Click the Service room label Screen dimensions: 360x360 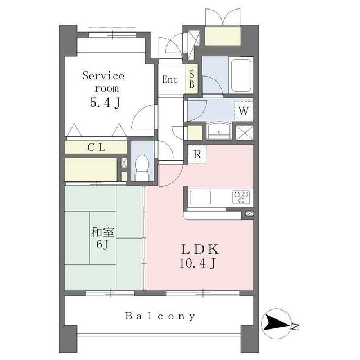(x=103, y=82)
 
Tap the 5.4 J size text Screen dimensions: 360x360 (x=105, y=102)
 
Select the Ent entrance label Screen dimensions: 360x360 (x=170, y=79)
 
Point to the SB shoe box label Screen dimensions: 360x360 (x=192, y=79)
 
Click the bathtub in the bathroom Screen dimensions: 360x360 (x=241, y=75)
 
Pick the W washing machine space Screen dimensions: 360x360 (x=244, y=111)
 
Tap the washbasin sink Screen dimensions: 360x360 (x=219, y=131)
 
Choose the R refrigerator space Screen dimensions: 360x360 (x=197, y=154)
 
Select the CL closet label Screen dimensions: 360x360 (x=96, y=147)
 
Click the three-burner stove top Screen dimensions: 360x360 (x=241, y=197)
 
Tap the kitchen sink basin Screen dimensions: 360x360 (x=200, y=197)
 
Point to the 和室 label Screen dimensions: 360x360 (x=102, y=232)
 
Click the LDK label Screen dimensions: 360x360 (x=200, y=249)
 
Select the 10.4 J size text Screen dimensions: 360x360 (x=197, y=263)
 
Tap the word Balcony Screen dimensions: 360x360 (x=160, y=316)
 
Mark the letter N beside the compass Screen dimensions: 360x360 (x=295, y=327)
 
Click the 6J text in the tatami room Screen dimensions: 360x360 (x=102, y=244)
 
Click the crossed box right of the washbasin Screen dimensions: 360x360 (x=245, y=133)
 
